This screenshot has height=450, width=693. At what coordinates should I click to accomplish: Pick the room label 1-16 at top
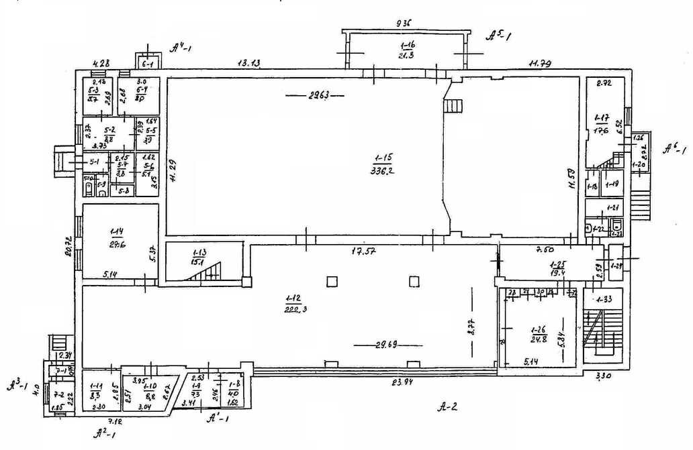coord(404,44)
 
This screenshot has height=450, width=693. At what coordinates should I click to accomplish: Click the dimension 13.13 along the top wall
coord(248,63)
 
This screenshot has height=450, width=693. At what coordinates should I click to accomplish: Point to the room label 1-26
coord(539,329)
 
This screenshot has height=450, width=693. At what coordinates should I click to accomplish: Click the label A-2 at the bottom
coord(447,406)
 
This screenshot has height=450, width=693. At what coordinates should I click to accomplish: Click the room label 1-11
coord(95,386)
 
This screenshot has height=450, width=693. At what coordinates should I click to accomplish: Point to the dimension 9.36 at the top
coord(403,23)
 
